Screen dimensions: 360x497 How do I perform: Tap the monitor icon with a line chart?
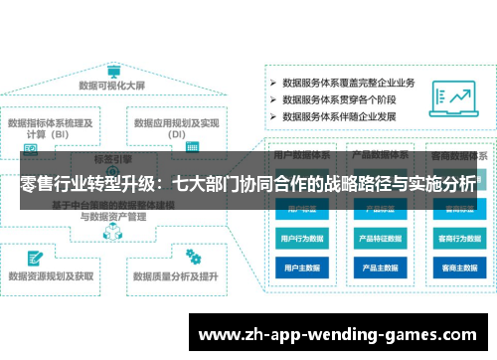pyautogui.click(x=458, y=98)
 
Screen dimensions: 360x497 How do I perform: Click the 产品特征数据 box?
pyautogui.click(x=379, y=239)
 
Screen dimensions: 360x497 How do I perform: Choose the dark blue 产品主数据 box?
pyautogui.click(x=379, y=268)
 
